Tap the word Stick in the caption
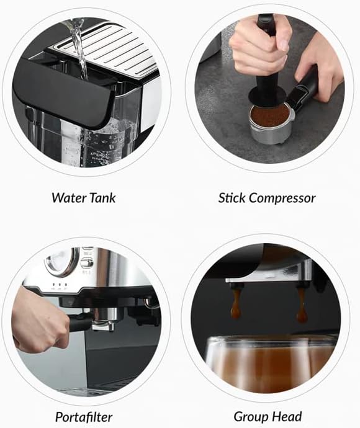tap(232, 198)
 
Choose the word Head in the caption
tap(287, 416)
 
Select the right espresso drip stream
tap(301, 308)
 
